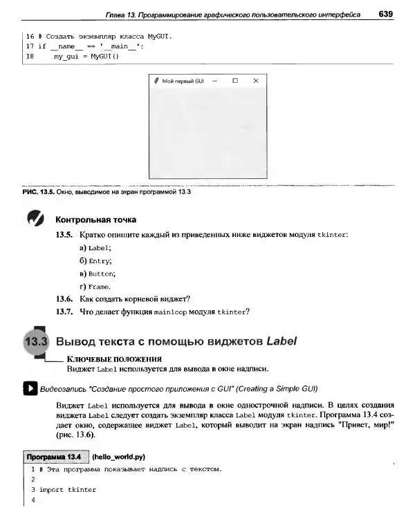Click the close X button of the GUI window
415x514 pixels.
[256, 81]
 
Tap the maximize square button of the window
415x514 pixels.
[235, 81]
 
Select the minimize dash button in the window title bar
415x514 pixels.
[215, 81]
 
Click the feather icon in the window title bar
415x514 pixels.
[156, 81]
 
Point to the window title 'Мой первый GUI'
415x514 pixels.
[183, 81]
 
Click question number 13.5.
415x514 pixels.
[64, 235]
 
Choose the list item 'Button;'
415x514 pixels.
[101, 274]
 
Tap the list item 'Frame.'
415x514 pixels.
[99, 286]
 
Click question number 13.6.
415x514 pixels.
[64, 298]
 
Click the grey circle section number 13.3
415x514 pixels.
[35, 342]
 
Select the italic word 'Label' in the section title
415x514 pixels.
[281, 341]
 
